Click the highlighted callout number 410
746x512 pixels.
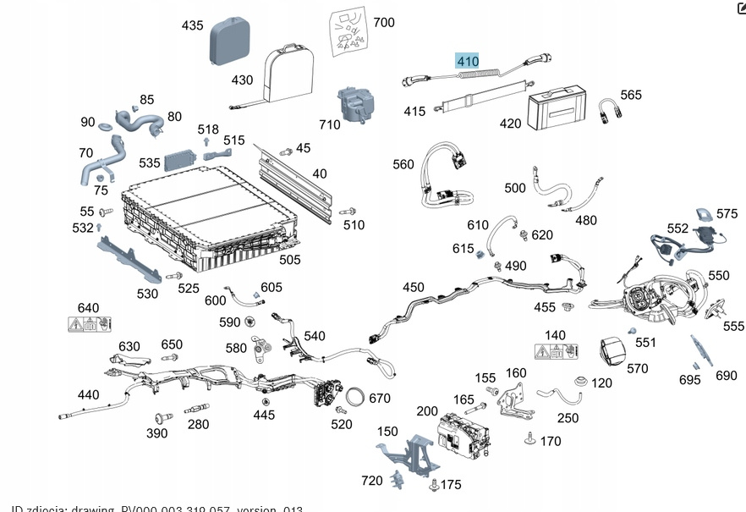pyautogui.click(x=468, y=61)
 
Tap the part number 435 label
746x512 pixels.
pyautogui.click(x=192, y=25)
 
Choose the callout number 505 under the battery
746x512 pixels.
pyautogui.click(x=289, y=260)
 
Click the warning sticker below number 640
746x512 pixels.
pyautogui.click(x=89, y=323)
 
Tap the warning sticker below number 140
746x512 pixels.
pyautogui.click(x=556, y=351)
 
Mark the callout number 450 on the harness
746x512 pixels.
pyautogui.click(x=414, y=288)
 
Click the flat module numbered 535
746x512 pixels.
pyautogui.click(x=179, y=160)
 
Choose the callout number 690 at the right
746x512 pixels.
pyautogui.click(x=726, y=376)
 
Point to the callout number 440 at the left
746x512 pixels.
pyautogui.click(x=88, y=394)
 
